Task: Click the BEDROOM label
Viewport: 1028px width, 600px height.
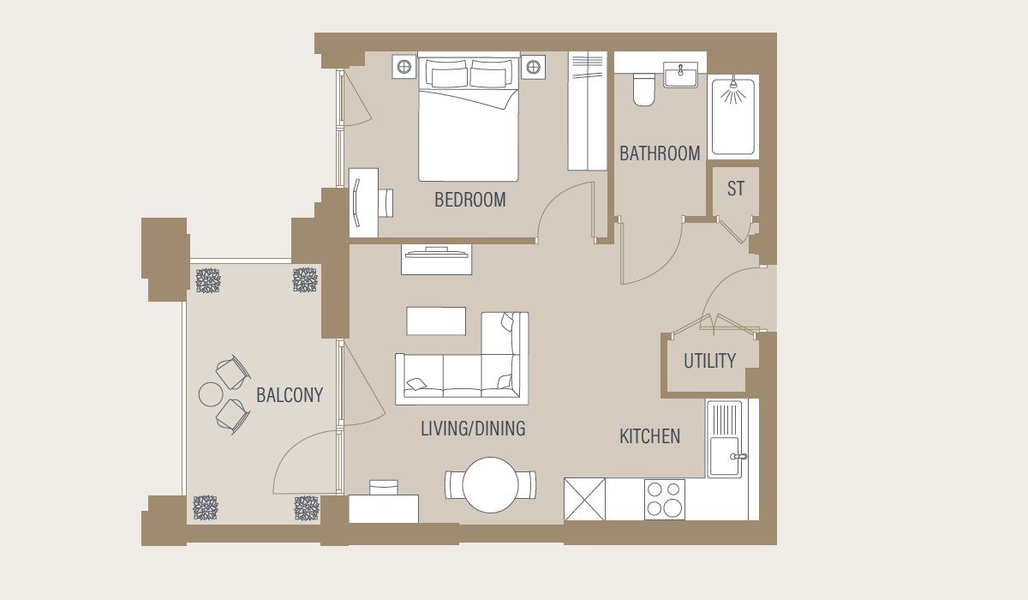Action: click(470, 201)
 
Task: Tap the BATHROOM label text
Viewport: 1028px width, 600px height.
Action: click(660, 153)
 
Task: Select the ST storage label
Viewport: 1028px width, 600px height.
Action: click(736, 189)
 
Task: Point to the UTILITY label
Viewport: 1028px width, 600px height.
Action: click(709, 361)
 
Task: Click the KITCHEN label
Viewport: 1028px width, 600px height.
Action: click(650, 436)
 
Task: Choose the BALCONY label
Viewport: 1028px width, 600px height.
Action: click(290, 395)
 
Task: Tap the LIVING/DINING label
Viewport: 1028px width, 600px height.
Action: click(473, 429)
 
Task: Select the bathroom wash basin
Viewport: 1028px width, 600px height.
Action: click(680, 75)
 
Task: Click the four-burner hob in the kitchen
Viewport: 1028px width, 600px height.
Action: click(665, 500)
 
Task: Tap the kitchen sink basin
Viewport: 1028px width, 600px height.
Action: click(725, 457)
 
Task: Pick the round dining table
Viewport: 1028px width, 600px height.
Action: click(491, 485)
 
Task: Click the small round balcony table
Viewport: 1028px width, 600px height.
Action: click(211, 394)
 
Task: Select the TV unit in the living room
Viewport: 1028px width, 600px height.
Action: click(436, 260)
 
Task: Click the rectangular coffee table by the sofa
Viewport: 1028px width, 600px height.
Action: click(436, 321)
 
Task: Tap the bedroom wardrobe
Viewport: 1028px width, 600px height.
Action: click(588, 111)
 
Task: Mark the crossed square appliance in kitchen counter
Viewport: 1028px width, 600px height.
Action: click(584, 499)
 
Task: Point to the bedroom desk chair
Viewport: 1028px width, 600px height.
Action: click(385, 203)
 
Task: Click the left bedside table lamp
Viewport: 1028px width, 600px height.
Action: click(403, 67)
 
